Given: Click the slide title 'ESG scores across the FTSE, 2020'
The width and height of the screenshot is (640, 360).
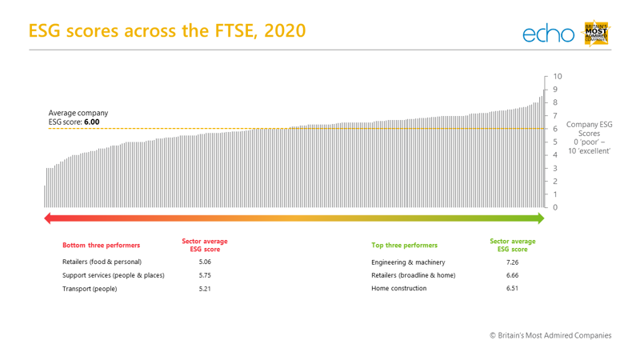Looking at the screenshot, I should tap(166, 30).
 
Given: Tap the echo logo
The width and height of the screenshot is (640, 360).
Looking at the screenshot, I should tap(549, 34).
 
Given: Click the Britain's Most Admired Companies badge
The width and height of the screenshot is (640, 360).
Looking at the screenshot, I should tap(598, 32).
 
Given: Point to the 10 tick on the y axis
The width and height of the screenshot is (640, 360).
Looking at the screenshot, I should tap(557, 77).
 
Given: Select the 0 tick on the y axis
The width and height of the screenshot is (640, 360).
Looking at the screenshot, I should tap(555, 207).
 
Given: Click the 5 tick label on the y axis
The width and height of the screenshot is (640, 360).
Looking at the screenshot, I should tap(555, 142).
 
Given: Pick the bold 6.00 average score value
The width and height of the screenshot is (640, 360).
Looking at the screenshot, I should tap(93, 122).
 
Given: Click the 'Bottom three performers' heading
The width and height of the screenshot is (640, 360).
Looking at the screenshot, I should tap(102, 246).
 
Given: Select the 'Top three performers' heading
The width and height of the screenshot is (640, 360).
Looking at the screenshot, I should tap(404, 246).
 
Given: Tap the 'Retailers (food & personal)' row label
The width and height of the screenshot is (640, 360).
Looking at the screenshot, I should tap(102, 262).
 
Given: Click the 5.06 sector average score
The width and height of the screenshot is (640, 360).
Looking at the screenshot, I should tap(205, 262).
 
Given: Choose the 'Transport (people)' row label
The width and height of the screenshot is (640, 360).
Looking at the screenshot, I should tap(90, 289).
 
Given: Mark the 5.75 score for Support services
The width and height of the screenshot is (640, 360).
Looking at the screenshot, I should tap(205, 275).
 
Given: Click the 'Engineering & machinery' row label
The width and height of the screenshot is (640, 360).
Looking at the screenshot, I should tap(408, 262).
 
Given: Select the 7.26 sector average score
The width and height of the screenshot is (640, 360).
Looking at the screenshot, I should tap(512, 262).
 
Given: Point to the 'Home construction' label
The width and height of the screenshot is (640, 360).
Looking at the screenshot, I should tap(398, 289).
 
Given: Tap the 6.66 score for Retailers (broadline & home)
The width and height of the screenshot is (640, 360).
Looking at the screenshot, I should tap(512, 275).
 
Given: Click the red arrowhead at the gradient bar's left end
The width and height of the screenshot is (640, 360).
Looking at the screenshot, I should tap(48, 218).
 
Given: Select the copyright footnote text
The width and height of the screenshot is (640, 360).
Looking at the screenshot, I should tap(550, 335).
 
